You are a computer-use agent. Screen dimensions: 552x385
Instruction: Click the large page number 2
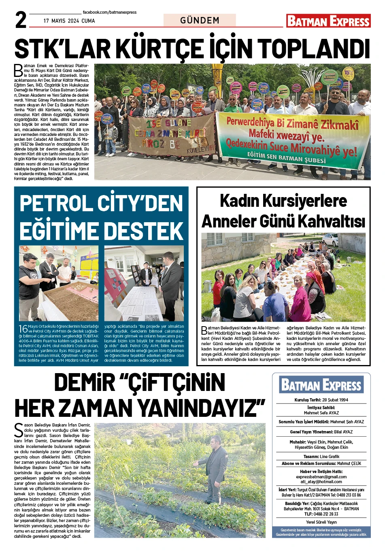point(21,20)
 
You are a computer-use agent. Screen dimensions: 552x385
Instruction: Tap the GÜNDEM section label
point(200,20)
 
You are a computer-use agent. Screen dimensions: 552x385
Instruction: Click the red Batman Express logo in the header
point(328,21)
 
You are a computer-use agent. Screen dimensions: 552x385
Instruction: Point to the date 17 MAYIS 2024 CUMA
point(69,21)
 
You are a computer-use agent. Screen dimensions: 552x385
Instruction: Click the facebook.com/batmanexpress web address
point(109,13)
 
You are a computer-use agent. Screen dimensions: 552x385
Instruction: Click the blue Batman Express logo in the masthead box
point(321,385)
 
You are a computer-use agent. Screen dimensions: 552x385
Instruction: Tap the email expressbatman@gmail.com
point(321,477)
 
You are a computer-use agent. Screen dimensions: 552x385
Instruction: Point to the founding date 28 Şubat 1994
point(335,400)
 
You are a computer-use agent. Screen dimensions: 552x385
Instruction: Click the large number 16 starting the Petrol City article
point(23,329)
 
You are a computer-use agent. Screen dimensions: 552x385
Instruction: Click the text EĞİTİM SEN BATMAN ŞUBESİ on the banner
point(286,157)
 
